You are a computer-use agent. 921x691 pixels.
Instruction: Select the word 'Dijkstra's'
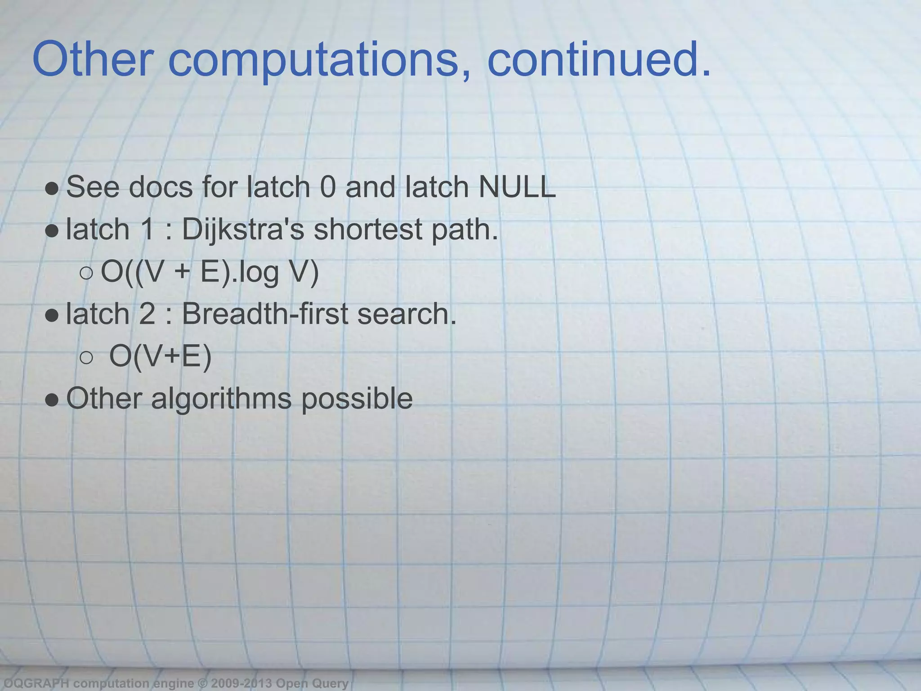(x=243, y=230)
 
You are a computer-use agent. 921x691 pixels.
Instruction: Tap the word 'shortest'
(x=367, y=229)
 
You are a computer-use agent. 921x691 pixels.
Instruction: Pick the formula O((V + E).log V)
(x=210, y=272)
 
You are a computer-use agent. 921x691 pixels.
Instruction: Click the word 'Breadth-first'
(x=264, y=314)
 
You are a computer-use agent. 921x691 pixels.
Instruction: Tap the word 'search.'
(x=407, y=314)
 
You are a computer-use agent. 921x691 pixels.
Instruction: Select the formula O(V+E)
(x=160, y=356)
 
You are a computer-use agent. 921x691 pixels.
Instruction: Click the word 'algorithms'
(x=221, y=399)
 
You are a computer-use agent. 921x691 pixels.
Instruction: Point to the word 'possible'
(x=357, y=399)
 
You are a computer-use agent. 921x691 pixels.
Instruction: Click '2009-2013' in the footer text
(x=241, y=683)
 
